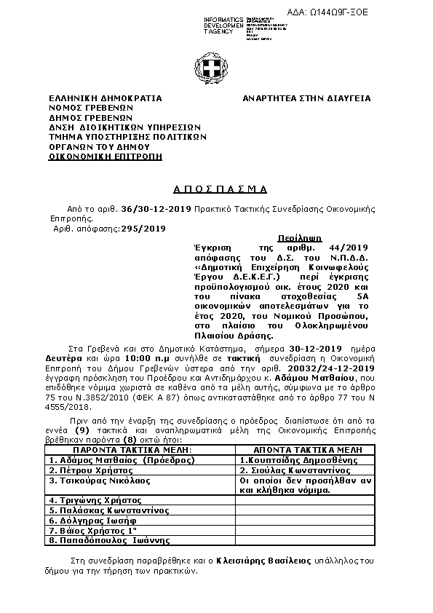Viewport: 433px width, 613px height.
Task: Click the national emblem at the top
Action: (215, 70)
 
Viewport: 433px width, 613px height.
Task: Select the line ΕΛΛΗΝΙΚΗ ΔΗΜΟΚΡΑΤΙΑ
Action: (105, 98)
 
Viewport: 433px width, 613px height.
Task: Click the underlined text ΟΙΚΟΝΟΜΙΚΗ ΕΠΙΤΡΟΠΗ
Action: (106, 156)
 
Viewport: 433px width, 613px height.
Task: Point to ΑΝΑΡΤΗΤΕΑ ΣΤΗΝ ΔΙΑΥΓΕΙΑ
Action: (306, 98)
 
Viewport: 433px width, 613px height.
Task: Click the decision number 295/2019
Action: (144, 228)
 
